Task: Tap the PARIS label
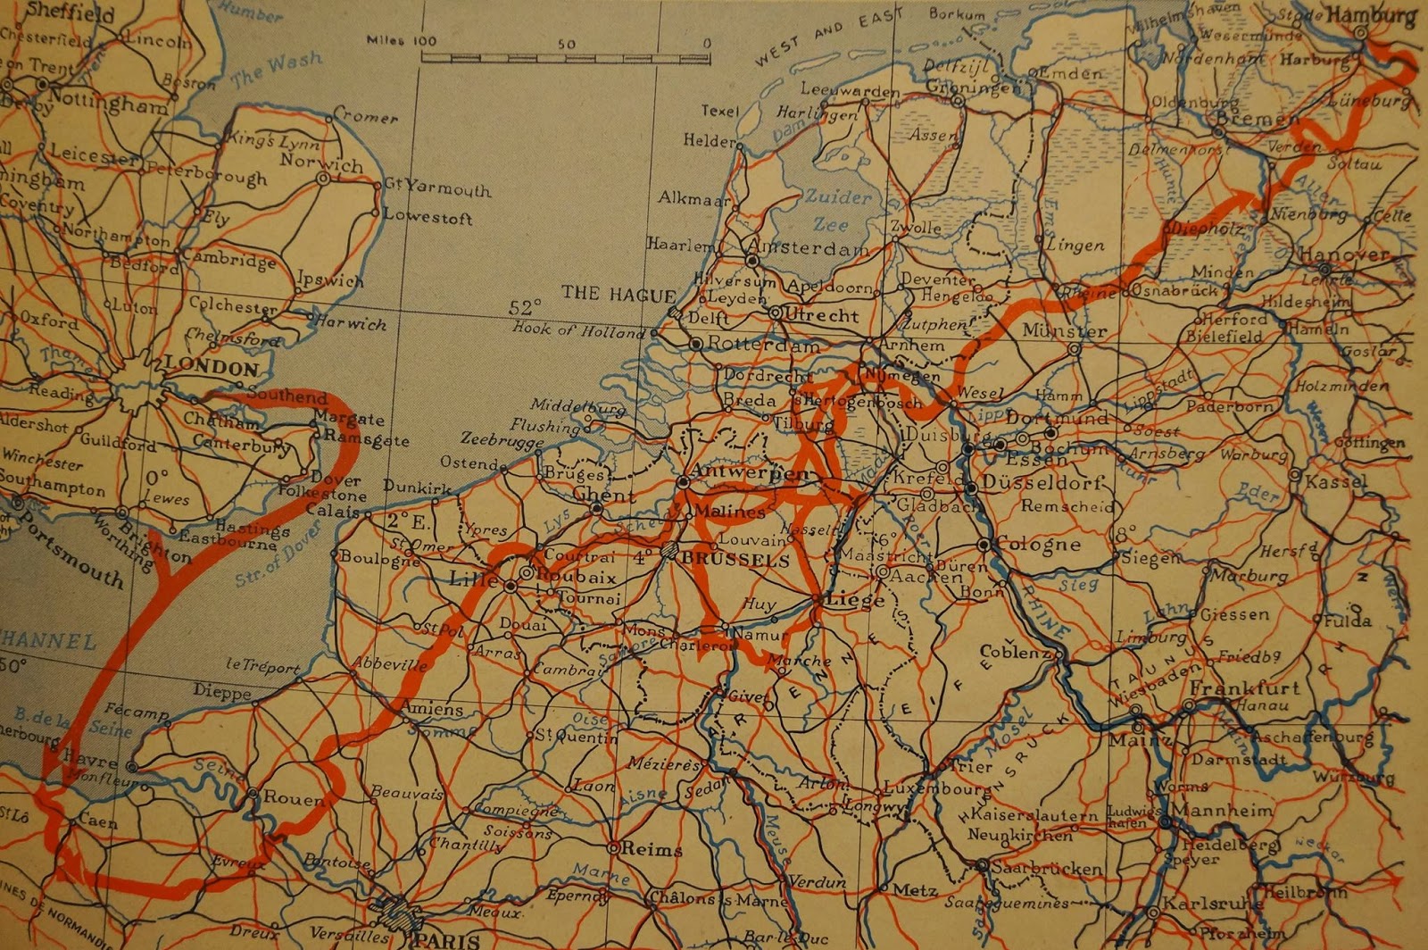pos(446,939)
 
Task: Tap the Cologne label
pos(1038,544)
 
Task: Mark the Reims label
pos(656,849)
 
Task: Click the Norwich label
pos(321,162)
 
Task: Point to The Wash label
pos(277,71)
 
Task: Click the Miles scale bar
pos(567,58)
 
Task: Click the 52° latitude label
pos(525,307)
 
